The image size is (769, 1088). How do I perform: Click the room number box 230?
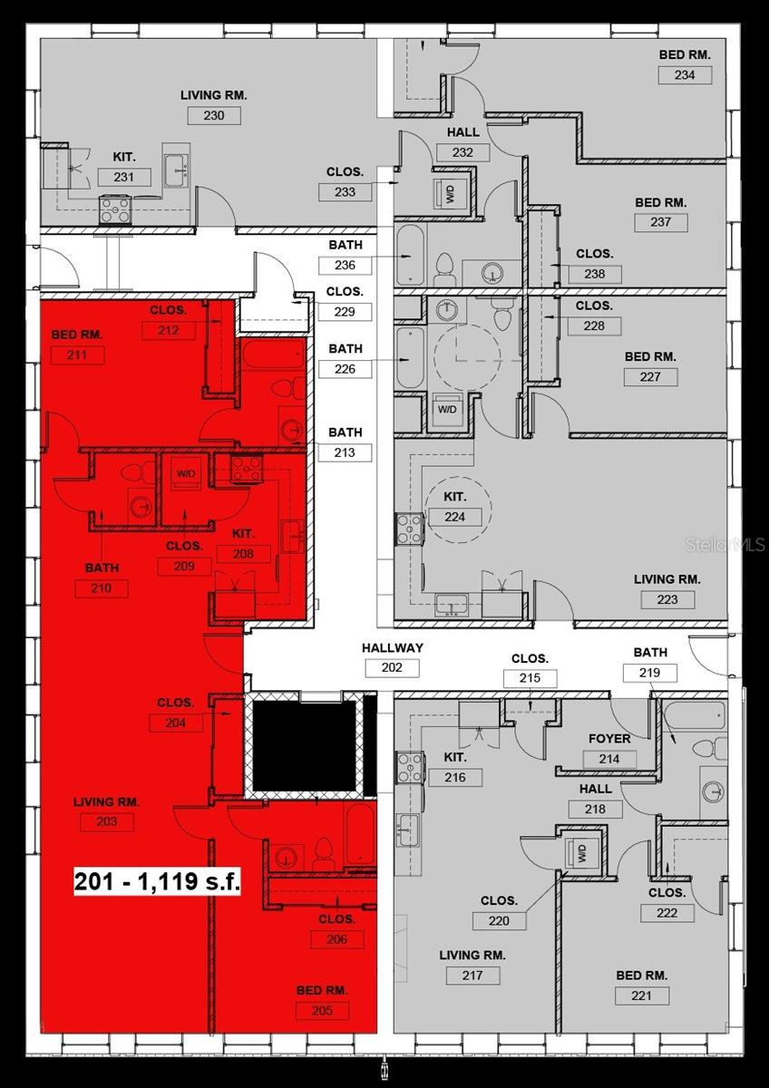pos(214,115)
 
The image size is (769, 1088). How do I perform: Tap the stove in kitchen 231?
pos(115,209)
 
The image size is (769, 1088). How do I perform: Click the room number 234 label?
pos(685,75)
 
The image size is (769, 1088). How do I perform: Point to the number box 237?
pos(661,222)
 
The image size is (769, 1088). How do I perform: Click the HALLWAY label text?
pos(393,648)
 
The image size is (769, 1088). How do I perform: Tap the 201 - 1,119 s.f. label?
pos(157,882)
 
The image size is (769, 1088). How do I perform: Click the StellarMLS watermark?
pos(725,545)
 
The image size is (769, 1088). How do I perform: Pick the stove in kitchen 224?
pos(410,529)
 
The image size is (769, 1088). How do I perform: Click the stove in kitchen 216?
pos(410,766)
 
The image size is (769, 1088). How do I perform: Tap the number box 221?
pos(642,996)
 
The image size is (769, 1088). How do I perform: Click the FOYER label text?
pos(609,739)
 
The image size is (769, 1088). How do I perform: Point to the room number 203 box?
pos(106,822)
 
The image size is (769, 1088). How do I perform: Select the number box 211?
pos(76,355)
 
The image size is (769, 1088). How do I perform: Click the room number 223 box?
pos(667,599)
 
